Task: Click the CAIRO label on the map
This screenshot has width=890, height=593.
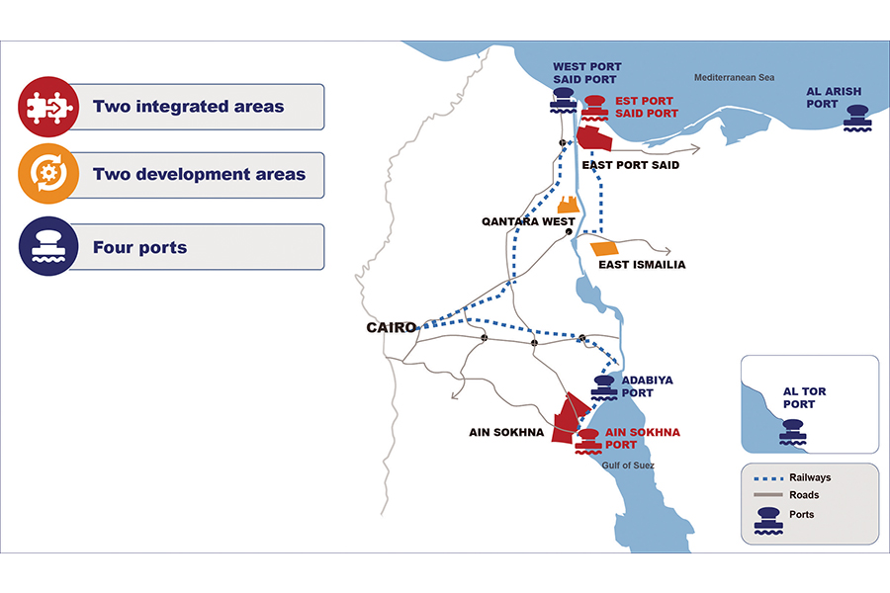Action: pos(392,327)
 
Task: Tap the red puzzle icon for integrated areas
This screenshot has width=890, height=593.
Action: pos(48,107)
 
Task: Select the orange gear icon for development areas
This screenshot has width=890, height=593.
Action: pos(48,174)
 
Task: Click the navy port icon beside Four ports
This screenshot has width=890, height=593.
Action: pos(48,246)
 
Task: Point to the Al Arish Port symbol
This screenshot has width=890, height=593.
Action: pos(857,118)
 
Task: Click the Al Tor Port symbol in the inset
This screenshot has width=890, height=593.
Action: pos(793,432)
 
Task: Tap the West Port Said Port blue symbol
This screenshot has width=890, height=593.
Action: pos(563,101)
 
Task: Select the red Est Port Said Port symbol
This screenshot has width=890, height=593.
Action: pos(595,108)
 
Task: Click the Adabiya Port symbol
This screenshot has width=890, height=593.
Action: pos(604,388)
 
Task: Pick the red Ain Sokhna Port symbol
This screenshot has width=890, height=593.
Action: pos(588,442)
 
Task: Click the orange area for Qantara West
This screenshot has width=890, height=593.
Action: pos(569,205)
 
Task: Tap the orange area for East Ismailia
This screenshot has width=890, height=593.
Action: pos(604,248)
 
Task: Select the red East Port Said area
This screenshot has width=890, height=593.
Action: pos(594,138)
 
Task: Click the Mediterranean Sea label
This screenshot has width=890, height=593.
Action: pos(734,77)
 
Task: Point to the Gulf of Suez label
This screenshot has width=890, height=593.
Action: pos(628,466)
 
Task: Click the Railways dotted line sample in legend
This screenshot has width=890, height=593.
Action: pos(768,478)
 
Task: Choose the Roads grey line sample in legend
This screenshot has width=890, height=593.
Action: pos(768,495)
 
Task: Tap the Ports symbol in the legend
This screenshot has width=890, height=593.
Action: pos(768,521)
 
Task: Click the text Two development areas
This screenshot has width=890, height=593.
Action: pos(199,174)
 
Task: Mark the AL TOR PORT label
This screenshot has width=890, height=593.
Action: pos(804,397)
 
